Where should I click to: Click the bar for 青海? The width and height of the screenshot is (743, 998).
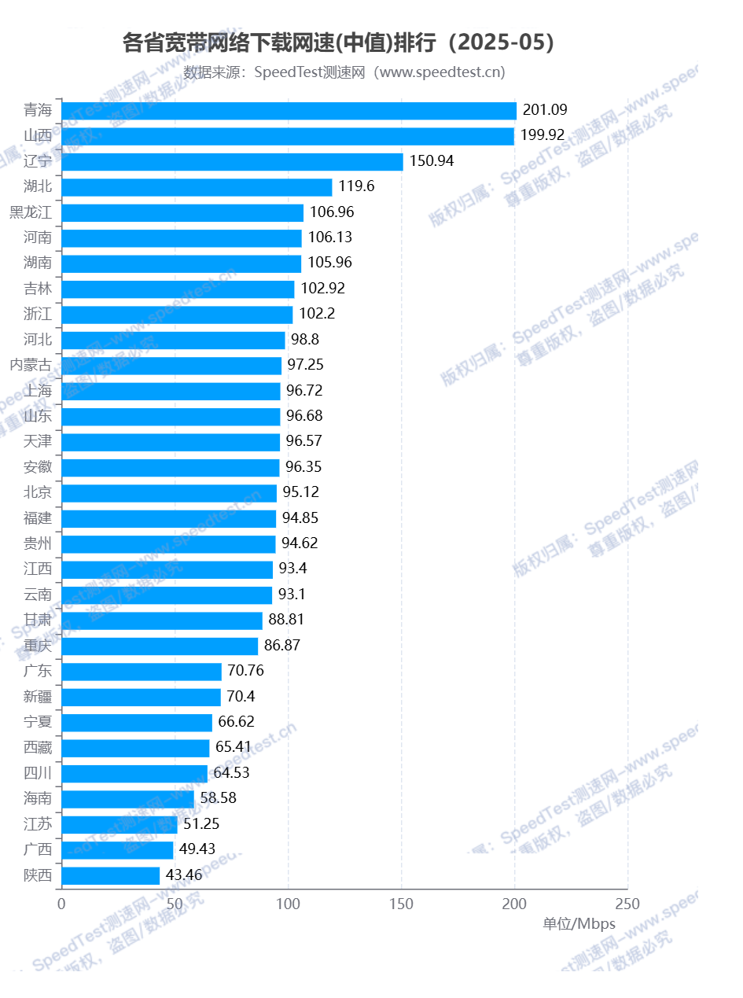tap(289, 111)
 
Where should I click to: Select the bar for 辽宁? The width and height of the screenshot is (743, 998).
tap(232, 162)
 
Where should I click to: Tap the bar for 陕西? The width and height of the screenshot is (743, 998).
tap(110, 875)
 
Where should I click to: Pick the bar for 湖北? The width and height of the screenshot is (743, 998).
tap(197, 187)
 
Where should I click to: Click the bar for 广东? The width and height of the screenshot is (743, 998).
tap(142, 672)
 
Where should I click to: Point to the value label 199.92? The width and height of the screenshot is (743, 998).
tap(543, 135)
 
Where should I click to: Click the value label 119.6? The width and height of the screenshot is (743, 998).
tap(356, 186)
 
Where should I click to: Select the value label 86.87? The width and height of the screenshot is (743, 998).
tap(282, 646)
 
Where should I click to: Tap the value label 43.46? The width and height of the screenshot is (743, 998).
tap(184, 875)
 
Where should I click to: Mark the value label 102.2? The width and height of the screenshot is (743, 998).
tap(318, 314)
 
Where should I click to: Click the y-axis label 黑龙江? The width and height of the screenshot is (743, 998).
tap(31, 212)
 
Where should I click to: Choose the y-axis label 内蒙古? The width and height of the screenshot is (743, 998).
tap(31, 365)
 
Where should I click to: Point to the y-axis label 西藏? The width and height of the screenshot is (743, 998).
tap(38, 747)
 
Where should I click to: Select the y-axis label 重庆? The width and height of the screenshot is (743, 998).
tap(38, 646)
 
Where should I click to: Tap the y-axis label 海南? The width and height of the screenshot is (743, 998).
tap(38, 798)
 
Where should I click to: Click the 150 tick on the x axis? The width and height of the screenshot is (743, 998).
tap(402, 903)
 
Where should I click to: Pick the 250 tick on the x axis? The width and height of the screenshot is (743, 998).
tap(627, 903)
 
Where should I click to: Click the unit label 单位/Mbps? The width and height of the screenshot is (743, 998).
tap(579, 923)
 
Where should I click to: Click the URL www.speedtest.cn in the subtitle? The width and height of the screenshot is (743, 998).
tap(438, 72)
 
